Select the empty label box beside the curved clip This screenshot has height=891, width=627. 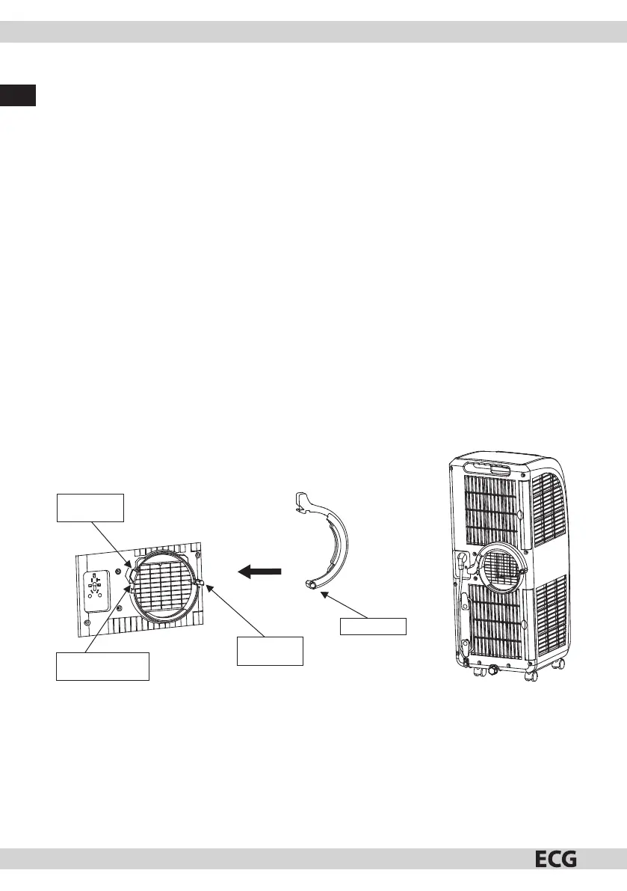373,625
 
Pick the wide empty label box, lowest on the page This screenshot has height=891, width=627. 103,666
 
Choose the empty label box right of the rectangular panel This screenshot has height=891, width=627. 269,650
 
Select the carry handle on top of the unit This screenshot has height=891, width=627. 486,469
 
